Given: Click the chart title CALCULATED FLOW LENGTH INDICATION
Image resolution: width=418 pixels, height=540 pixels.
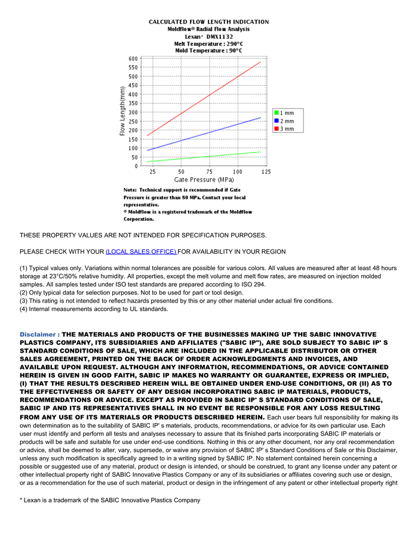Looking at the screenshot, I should pos(208,21).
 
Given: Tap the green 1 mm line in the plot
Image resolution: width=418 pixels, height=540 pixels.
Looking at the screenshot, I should pos(204,157).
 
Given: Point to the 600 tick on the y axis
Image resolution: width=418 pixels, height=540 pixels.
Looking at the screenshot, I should pos(133,58).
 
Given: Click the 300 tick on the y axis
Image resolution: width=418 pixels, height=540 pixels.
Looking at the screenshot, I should pos(133,112).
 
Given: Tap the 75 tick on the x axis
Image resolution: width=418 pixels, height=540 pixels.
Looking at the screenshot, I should pos(210,172).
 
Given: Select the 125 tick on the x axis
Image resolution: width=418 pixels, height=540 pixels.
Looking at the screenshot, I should pos(266,172).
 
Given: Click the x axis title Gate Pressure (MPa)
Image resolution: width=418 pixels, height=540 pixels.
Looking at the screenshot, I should pos(204,180).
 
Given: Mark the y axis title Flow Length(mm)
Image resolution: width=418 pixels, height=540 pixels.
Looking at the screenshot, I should pos(122,112).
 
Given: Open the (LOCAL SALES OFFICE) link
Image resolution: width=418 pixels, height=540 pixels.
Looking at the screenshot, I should pos(141,252).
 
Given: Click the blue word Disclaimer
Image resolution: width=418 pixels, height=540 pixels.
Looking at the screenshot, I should pos(39,335).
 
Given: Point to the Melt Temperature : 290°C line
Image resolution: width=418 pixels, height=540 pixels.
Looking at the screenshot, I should pos(208,44).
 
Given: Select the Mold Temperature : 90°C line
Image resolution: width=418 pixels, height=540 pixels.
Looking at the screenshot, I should pos(208,51).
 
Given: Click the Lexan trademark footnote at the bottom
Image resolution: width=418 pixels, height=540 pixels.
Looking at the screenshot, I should pos(110,499).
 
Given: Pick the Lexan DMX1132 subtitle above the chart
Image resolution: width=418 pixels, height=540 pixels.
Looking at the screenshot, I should pos(208,36).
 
